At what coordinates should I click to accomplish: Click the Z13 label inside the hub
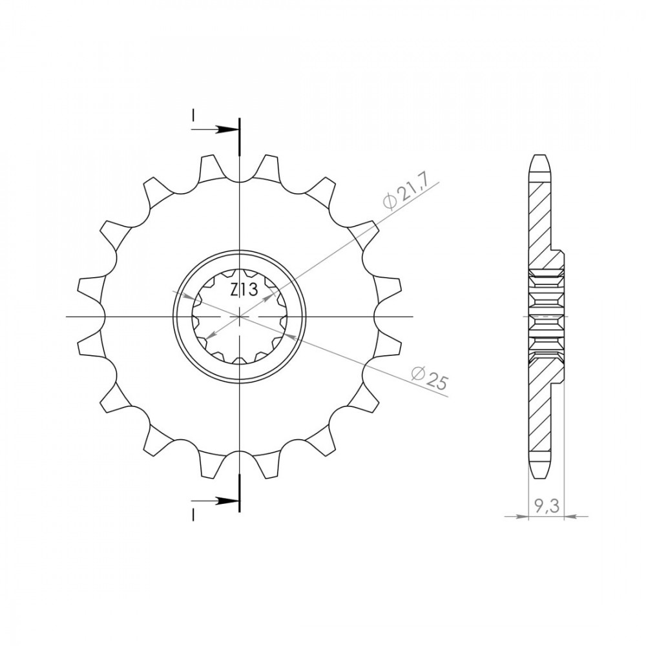coord(244,290)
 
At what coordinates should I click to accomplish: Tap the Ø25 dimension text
coord(430,378)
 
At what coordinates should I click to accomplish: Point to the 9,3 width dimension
coord(547,506)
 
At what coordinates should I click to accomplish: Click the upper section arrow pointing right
coord(214,129)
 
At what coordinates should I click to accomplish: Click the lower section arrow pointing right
coord(214,501)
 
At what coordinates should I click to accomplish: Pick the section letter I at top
coord(193,116)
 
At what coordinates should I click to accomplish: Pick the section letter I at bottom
coord(193,515)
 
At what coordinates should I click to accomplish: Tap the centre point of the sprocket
coord(240,317)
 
